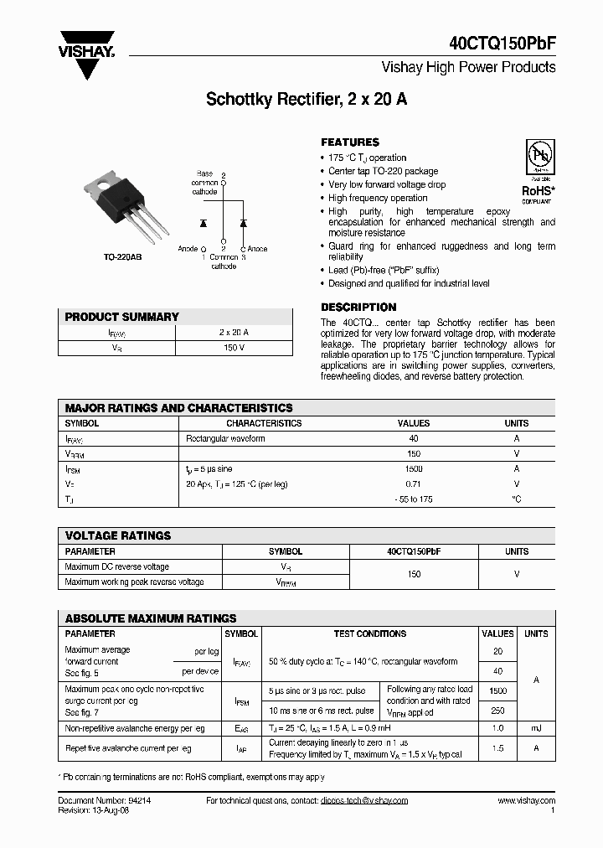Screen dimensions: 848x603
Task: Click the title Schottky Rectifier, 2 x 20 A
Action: click(x=307, y=99)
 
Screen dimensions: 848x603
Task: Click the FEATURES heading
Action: click(x=350, y=142)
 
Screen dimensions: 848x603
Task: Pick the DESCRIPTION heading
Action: click(x=358, y=308)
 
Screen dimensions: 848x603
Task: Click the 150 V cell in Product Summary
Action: click(x=234, y=347)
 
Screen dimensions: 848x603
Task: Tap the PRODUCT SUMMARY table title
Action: click(x=122, y=317)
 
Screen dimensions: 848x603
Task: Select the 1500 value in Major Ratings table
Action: click(x=414, y=469)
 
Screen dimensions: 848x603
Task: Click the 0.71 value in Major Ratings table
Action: click(x=414, y=484)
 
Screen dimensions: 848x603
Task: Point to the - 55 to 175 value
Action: click(x=414, y=499)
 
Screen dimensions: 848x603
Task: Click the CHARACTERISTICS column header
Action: click(x=264, y=423)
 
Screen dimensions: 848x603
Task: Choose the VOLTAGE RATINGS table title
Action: click(x=118, y=535)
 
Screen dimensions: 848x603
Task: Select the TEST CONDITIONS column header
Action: click(x=369, y=634)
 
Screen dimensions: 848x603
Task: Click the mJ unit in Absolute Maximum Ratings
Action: click(x=536, y=729)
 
